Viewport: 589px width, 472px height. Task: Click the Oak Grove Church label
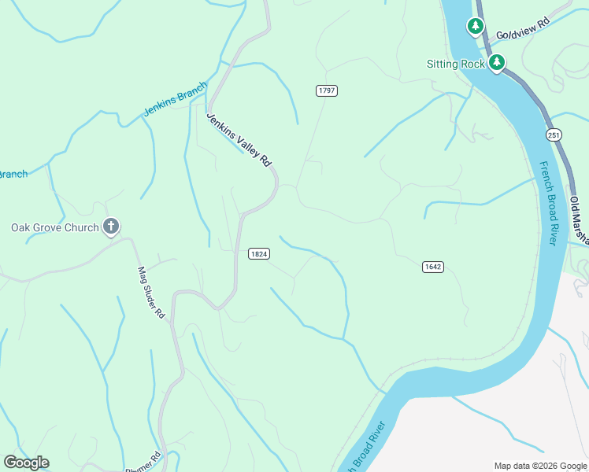click(x=54, y=228)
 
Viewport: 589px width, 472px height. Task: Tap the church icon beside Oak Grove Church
click(x=111, y=228)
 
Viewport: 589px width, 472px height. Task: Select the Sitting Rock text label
click(x=454, y=64)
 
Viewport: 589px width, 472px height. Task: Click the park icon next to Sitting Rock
click(x=496, y=62)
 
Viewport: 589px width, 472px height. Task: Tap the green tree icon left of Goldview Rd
click(x=476, y=28)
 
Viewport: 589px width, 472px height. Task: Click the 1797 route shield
click(x=327, y=90)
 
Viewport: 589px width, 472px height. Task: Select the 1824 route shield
click(x=258, y=253)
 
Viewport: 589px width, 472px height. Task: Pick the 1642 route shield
click(x=432, y=267)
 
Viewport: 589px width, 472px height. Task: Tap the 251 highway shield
click(x=554, y=135)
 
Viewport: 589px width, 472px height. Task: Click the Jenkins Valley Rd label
click(x=239, y=138)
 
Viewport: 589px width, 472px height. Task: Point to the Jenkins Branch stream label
click(x=175, y=99)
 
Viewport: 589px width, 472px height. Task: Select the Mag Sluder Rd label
click(x=150, y=293)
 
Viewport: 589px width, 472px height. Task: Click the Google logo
click(x=26, y=463)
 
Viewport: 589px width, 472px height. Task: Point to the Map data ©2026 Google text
click(x=539, y=466)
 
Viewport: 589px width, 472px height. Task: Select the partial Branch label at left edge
click(x=13, y=174)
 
